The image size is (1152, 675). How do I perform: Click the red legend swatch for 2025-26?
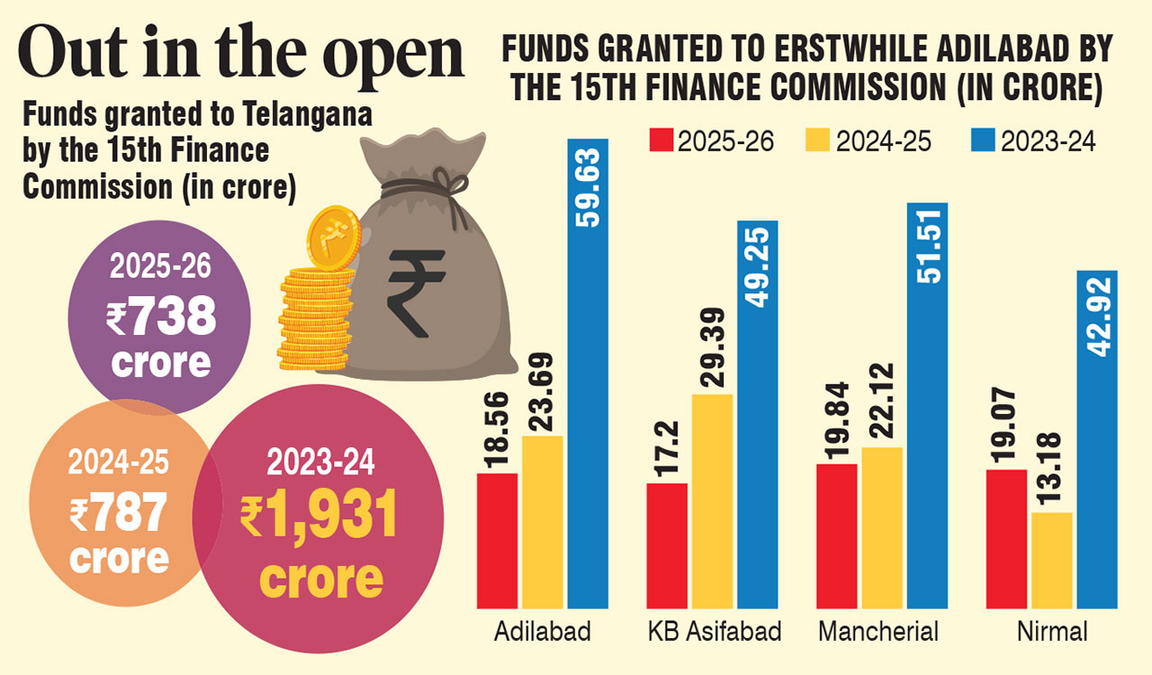(x=661, y=141)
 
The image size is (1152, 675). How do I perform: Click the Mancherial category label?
(x=878, y=632)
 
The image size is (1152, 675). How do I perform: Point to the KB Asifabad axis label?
(x=715, y=632)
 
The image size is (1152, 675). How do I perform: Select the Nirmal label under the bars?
(x=1052, y=632)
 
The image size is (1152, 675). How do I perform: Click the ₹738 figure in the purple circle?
(x=161, y=318)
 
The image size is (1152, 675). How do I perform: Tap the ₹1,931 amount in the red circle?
(x=319, y=517)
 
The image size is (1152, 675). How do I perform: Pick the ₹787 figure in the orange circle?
(x=119, y=514)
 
